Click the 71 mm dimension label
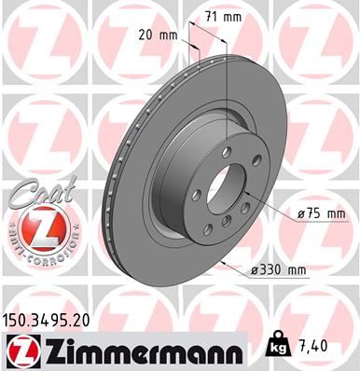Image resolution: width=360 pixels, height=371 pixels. [225, 16]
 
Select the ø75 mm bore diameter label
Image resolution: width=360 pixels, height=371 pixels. [320, 213]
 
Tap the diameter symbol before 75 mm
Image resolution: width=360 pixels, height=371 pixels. [300, 213]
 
